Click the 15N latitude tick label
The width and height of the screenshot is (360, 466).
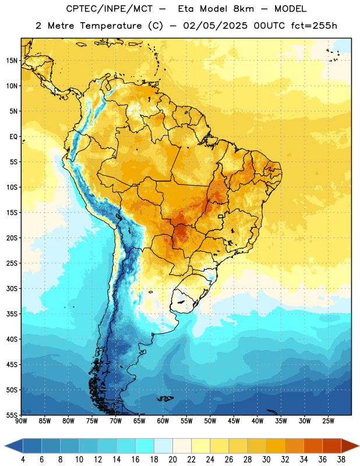pyautogui.click(x=12, y=61)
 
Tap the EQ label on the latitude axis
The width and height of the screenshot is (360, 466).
pyautogui.click(x=13, y=137)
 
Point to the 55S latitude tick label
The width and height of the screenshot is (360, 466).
pyautogui.click(x=12, y=415)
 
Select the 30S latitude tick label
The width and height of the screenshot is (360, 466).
pyautogui.click(x=12, y=288)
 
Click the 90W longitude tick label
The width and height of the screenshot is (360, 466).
pyautogui.click(x=21, y=421)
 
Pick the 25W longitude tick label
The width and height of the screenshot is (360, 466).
pyautogui.click(x=328, y=421)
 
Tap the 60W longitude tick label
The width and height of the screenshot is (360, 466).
pyautogui.click(x=163, y=421)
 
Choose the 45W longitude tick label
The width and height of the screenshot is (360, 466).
pyautogui.click(x=234, y=421)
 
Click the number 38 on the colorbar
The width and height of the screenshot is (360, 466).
pyautogui.click(x=341, y=460)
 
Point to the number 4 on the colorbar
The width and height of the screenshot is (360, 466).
pyautogui.click(x=23, y=460)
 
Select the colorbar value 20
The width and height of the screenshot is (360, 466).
pyautogui.click(x=172, y=460)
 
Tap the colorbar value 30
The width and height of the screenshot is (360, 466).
pyautogui.click(x=266, y=460)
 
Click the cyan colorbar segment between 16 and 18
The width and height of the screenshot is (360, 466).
pyautogui.click(x=145, y=446)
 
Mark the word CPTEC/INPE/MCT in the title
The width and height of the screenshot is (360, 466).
pyautogui.click(x=110, y=9)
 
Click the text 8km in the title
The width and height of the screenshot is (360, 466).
pyautogui.click(x=243, y=9)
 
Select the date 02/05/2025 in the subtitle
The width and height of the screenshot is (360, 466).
pyautogui.click(x=215, y=26)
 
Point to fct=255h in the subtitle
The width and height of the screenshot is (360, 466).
pyautogui.click(x=314, y=26)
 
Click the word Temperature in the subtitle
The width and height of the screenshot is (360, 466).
pyautogui.click(x=111, y=26)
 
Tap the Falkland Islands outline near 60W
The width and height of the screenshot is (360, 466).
pyautogui.click(x=165, y=398)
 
